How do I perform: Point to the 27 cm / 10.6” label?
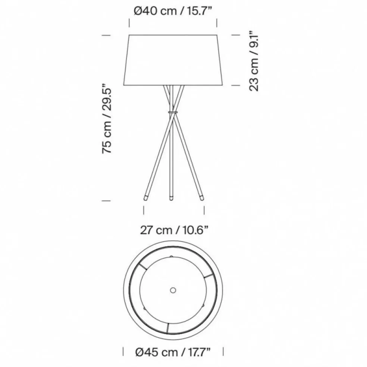174,230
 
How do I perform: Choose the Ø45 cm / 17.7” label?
173,352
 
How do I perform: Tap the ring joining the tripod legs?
173,113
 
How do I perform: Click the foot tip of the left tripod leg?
145,198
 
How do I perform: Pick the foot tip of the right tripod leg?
201,198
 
